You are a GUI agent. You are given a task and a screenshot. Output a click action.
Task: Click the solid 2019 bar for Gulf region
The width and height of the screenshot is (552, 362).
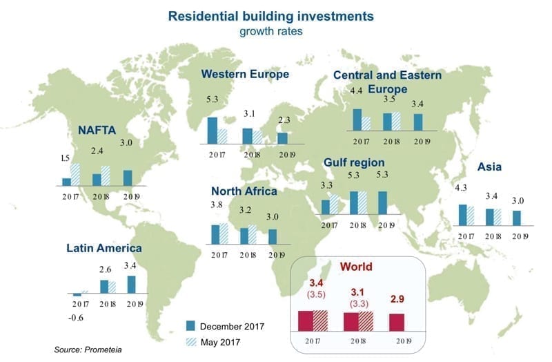[382, 202]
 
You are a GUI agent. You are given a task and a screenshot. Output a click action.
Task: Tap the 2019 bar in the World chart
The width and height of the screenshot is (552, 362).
[396, 323]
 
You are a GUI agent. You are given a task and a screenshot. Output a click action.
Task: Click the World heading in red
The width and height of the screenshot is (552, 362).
[356, 267]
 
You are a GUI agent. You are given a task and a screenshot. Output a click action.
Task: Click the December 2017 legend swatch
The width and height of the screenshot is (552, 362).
[193, 325]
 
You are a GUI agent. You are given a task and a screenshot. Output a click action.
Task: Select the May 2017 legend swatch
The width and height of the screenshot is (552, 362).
[193, 341]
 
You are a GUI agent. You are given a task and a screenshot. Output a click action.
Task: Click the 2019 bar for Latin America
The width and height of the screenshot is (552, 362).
[132, 285]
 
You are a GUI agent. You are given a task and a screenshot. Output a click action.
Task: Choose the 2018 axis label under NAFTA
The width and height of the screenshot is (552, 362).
[97, 196]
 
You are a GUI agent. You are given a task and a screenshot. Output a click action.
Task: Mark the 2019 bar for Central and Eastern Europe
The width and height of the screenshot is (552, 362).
[417, 122]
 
